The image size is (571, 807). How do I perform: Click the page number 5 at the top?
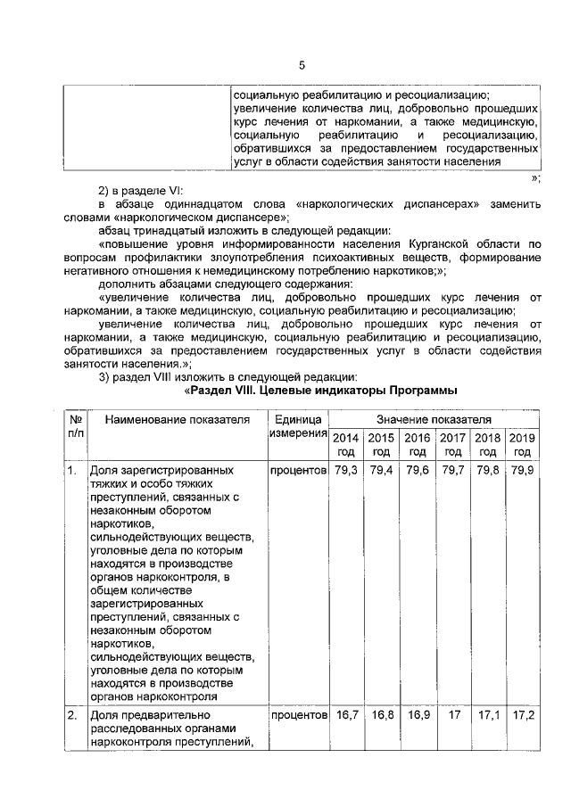(x=302, y=65)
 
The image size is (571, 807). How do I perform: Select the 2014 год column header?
(x=344, y=444)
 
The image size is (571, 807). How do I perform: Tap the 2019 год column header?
(x=520, y=444)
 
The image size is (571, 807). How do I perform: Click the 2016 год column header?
(x=417, y=444)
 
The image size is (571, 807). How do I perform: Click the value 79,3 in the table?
(x=344, y=470)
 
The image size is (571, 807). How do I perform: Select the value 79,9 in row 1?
(x=520, y=470)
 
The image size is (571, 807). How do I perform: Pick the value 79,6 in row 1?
(x=417, y=470)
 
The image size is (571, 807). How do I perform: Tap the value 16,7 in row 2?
(x=344, y=715)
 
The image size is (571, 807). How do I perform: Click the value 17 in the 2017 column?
(x=452, y=715)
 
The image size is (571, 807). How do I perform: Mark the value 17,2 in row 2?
(x=520, y=715)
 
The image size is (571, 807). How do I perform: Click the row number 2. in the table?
(x=72, y=715)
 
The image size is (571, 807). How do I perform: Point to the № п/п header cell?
(x=75, y=426)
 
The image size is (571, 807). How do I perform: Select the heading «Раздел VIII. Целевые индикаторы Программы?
(x=320, y=391)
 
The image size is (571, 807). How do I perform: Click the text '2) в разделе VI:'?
(x=140, y=191)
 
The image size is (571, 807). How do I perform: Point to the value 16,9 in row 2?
(x=417, y=715)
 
